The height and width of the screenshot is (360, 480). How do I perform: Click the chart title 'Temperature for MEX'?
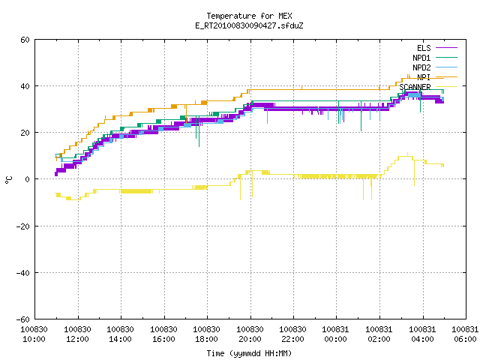(249, 16)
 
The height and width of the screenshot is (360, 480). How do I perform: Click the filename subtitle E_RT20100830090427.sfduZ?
(249, 25)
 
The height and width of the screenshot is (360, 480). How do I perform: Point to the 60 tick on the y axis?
(25, 40)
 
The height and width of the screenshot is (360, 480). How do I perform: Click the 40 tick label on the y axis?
(25, 86)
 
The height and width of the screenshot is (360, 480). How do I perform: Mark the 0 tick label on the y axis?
(28, 179)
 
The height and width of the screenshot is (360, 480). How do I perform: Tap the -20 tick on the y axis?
(23, 226)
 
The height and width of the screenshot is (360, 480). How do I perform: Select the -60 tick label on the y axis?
(23, 319)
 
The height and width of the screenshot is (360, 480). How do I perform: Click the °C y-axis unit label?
(9, 180)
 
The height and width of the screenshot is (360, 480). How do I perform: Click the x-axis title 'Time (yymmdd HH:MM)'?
(249, 353)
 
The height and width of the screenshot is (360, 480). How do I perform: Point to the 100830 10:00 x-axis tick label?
(34, 334)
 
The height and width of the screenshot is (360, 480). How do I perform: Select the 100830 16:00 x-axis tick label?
(163, 334)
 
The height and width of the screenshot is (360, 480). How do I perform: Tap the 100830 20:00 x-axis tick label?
(250, 334)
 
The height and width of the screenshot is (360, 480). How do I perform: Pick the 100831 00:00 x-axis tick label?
(336, 334)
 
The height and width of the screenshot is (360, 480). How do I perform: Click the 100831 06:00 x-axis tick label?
(465, 334)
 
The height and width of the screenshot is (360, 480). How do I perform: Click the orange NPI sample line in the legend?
(446, 76)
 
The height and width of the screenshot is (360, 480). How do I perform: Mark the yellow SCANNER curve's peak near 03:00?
(407, 153)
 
